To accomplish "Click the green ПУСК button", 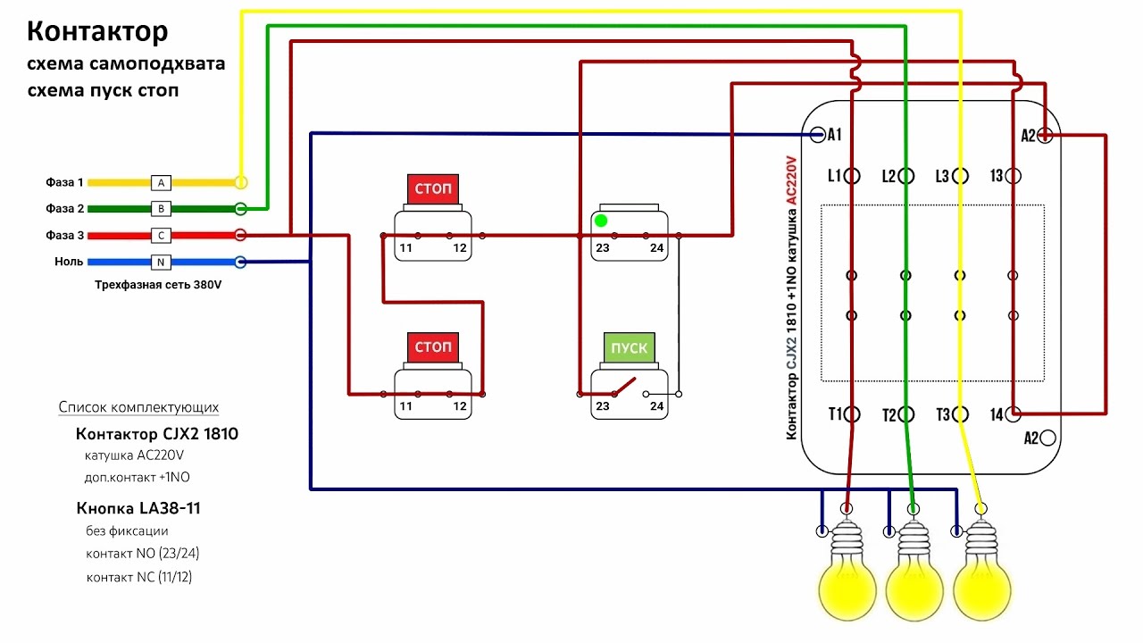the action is (630, 347).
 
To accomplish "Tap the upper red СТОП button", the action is (433, 188).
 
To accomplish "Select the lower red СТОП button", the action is (433, 347).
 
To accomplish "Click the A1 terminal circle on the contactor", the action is (817, 135).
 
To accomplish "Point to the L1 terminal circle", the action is (852, 176).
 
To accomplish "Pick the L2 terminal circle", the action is (906, 176).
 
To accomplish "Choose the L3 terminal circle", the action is (960, 176).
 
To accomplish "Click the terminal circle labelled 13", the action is (1014, 176).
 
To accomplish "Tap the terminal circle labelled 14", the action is (1014, 413).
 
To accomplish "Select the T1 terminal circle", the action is (852, 413).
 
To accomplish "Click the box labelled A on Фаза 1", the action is (161, 183).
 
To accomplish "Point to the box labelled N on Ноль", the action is (161, 263).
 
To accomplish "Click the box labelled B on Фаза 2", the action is (161, 209).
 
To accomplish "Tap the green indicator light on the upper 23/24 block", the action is (601, 221).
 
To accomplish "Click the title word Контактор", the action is (97, 31).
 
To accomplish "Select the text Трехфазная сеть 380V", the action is (158, 285).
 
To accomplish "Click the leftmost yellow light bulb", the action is (847, 572).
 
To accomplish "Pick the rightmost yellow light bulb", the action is (981, 572).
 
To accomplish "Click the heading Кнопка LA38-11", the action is (138, 508).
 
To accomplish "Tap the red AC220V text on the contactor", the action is (791, 180).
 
